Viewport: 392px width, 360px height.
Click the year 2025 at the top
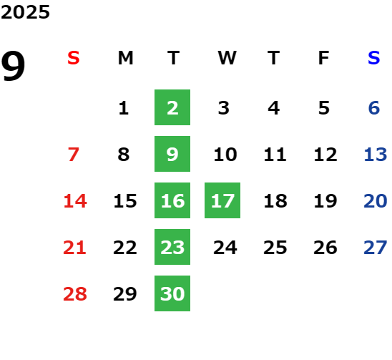(25, 12)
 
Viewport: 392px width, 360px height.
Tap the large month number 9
(13, 66)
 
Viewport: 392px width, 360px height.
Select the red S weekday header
(74, 58)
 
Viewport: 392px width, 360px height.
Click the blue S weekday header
(374, 58)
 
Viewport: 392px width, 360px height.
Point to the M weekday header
(125, 58)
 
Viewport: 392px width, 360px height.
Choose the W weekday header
(227, 58)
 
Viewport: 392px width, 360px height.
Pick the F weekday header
(324, 58)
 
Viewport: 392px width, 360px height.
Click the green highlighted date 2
(172, 107)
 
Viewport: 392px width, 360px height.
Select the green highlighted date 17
(222, 200)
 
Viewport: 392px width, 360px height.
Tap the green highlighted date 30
(172, 293)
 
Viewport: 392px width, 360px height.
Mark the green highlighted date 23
(172, 247)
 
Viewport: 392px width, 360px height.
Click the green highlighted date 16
(172, 200)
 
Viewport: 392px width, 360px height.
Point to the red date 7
(74, 155)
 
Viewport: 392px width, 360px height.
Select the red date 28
(75, 294)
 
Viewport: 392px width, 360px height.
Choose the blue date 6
(374, 108)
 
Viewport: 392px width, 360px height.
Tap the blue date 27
(376, 248)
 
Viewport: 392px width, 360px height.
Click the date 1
(124, 108)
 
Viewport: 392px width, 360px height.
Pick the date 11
(275, 155)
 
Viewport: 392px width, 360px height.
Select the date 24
(225, 248)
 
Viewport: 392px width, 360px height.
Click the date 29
(125, 294)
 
